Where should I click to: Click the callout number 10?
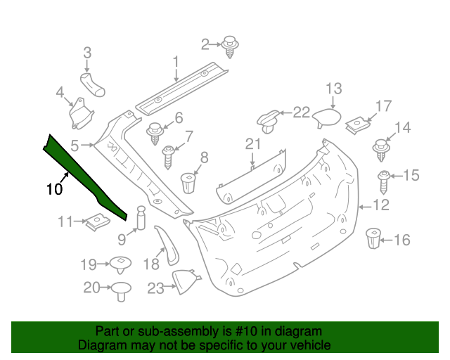pos(54,188)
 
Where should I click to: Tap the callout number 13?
pos(333,89)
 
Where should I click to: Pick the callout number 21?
pos(253,144)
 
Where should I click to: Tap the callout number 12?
pos(380,205)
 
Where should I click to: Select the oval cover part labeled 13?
pos(326,117)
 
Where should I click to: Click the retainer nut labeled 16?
pos(373,240)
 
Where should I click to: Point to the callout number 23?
pos(155,287)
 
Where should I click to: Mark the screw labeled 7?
pos(169,155)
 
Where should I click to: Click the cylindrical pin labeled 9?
pos(140,217)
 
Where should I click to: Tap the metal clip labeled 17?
pos(359,126)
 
